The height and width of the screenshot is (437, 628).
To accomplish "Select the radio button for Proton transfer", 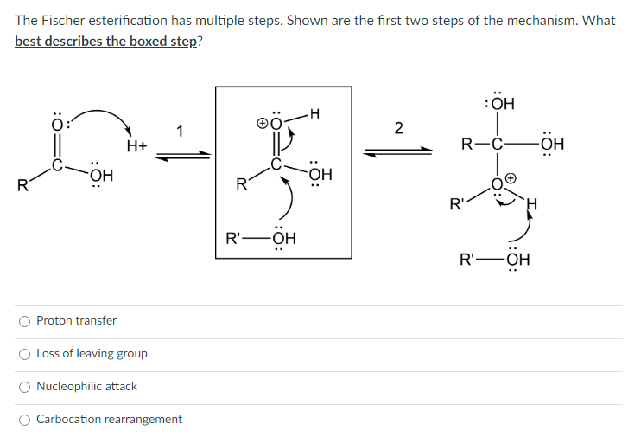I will pyautogui.click(x=24, y=321).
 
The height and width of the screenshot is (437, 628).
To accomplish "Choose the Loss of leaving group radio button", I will pyautogui.click(x=24, y=354).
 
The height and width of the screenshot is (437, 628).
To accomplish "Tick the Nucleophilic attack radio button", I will pyautogui.click(x=24, y=387).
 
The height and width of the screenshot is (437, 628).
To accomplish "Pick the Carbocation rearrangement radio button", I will pyautogui.click(x=24, y=420).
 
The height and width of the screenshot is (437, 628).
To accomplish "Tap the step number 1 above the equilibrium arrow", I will pyautogui.click(x=180, y=132).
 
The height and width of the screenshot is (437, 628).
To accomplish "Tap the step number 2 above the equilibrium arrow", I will pyautogui.click(x=397, y=129).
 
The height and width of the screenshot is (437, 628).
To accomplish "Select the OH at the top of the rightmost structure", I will pyautogui.click(x=501, y=104).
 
